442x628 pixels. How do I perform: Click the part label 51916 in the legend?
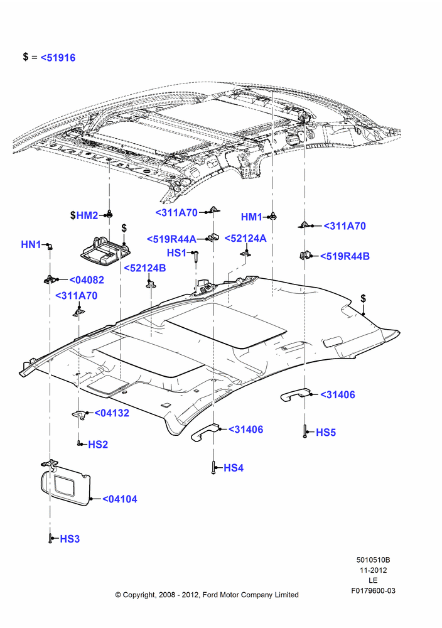[58, 58]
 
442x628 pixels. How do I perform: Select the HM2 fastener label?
[87, 215]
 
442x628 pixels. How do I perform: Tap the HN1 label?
[31, 244]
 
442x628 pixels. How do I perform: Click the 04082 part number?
[87, 280]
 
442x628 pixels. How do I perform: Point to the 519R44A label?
[171, 239]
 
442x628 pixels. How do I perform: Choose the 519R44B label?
[345, 256]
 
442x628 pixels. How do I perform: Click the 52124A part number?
[245, 238]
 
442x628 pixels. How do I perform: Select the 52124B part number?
[145, 268]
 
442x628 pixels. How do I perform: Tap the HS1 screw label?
[177, 253]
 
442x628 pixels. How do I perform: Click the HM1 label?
[251, 217]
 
